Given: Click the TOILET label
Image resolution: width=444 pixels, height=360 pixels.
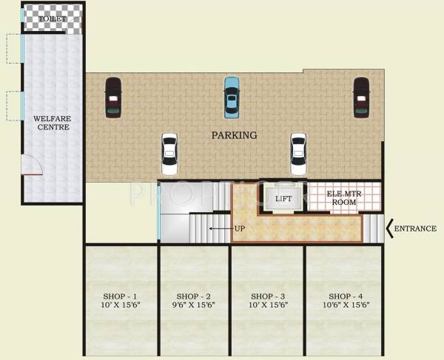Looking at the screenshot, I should click(x=53, y=18).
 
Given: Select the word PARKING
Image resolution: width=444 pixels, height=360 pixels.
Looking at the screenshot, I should click(x=234, y=135).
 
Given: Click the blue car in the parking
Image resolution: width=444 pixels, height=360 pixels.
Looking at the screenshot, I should click(x=232, y=98).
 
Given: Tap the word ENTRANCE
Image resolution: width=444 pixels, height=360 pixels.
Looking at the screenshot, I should click(x=414, y=228).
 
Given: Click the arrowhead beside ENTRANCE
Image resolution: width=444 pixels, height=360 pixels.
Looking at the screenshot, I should click(x=390, y=228).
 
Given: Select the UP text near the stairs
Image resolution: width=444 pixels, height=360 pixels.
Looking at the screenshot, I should click(x=239, y=228).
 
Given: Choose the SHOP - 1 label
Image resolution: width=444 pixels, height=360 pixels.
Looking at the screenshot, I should click(x=120, y=295).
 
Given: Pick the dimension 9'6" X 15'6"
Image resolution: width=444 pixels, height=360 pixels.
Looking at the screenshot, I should click(x=194, y=305).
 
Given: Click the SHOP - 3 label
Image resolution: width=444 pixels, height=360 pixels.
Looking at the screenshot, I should click(x=268, y=295).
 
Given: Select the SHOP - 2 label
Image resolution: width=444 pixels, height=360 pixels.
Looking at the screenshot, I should click(x=194, y=295).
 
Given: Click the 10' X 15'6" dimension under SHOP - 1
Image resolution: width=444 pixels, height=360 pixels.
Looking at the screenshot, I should click(x=120, y=305).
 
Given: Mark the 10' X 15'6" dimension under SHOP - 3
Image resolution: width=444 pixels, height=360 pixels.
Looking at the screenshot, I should click(x=268, y=305).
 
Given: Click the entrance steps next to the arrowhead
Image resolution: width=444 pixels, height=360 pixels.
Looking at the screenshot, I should click(x=375, y=228).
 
